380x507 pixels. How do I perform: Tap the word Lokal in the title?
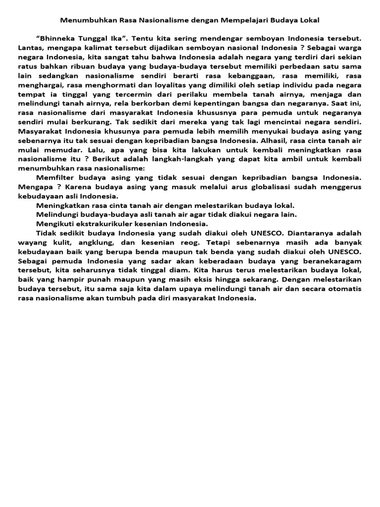(x=308, y=20)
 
